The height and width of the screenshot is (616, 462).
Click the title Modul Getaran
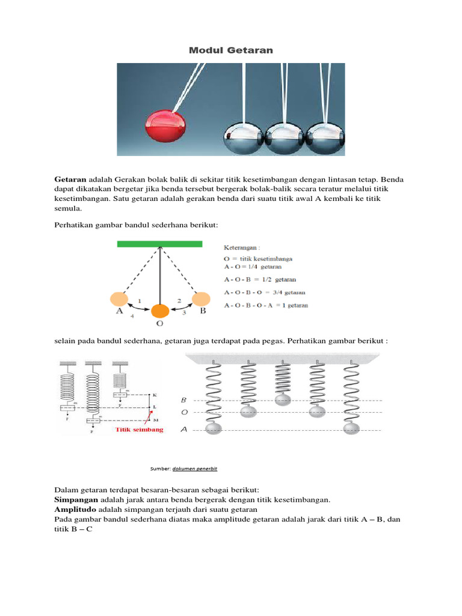230,51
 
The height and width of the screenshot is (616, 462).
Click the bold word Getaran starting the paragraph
70,180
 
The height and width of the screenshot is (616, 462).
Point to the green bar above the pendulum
159,244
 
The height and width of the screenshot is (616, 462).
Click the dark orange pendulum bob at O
159,310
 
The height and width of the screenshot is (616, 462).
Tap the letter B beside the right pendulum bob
202,312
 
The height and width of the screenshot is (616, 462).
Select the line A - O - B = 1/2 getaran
260,280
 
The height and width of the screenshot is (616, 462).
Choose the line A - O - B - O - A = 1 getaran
266,306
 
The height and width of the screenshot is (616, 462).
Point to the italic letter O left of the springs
183,413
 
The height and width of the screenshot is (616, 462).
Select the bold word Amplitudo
75,510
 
